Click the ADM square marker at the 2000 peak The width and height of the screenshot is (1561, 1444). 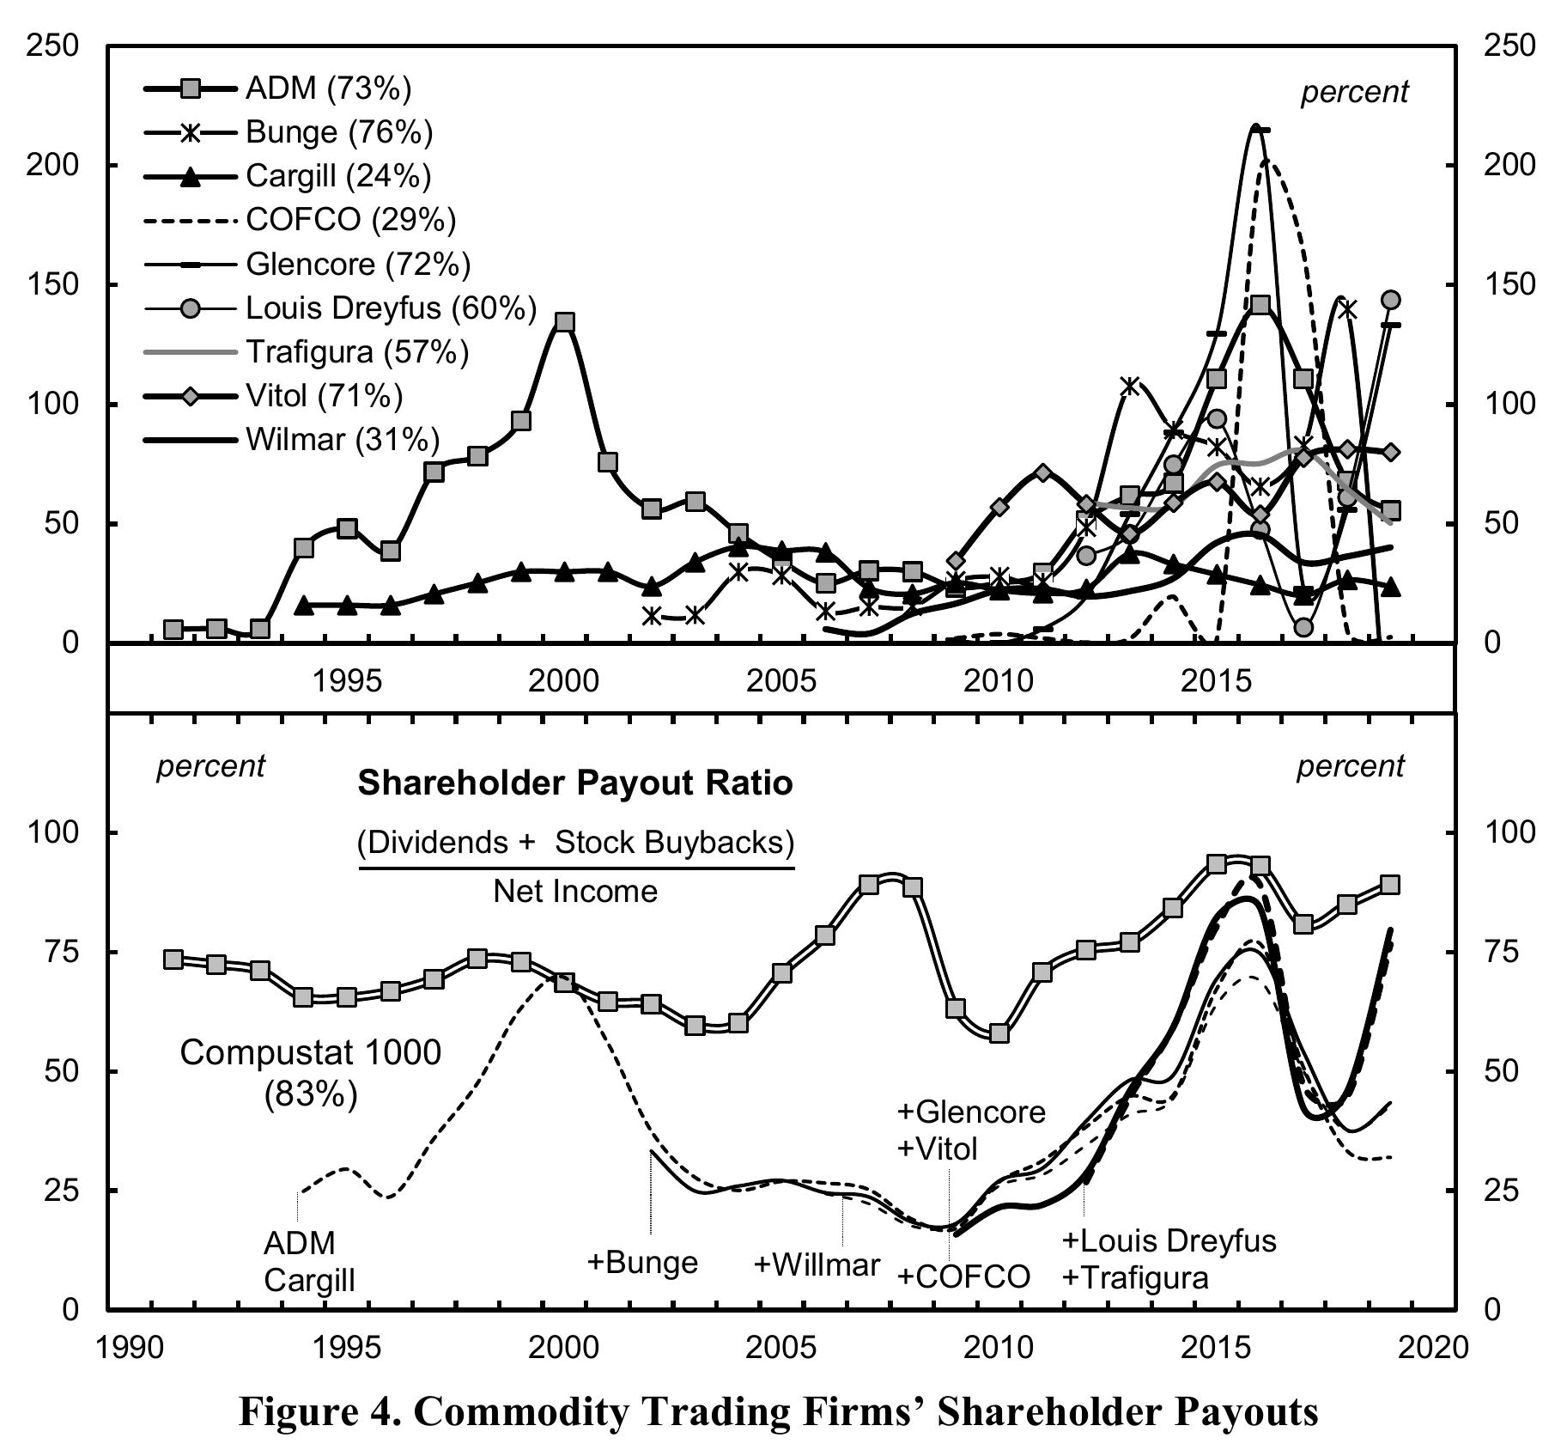(x=564, y=322)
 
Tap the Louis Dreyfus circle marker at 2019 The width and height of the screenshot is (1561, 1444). (x=1391, y=300)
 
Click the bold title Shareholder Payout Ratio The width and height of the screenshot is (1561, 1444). (x=574, y=783)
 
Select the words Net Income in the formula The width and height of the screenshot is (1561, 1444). (x=574, y=892)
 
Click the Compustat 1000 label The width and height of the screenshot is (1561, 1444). (x=310, y=1052)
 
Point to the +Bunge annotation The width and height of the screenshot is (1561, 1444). (x=642, y=1262)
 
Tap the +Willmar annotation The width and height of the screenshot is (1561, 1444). (x=817, y=1264)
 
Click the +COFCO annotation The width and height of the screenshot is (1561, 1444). (x=963, y=1277)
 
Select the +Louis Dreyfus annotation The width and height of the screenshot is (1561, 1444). (x=1169, y=1240)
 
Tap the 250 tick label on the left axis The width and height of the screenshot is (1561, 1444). (x=53, y=46)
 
